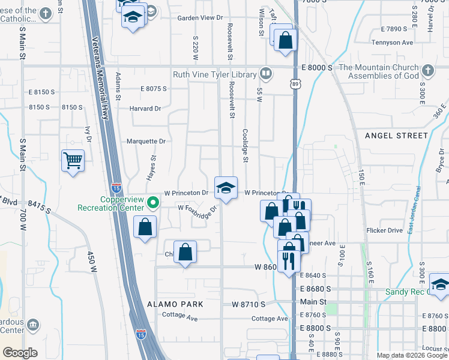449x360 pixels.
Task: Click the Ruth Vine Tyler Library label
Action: coord(215,75)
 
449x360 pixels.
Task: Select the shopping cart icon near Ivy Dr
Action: coord(73,161)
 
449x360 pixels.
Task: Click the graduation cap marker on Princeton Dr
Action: coord(226,188)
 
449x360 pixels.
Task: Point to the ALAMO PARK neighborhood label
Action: coord(179,304)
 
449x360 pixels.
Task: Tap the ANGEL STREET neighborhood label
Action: coord(396,136)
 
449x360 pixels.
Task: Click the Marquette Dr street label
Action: coord(145,141)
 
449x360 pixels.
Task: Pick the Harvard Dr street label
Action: coord(145,109)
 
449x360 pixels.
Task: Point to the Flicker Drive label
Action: coord(384,230)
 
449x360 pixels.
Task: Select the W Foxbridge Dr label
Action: coord(197,209)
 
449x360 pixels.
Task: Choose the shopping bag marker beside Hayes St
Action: coord(145,227)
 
